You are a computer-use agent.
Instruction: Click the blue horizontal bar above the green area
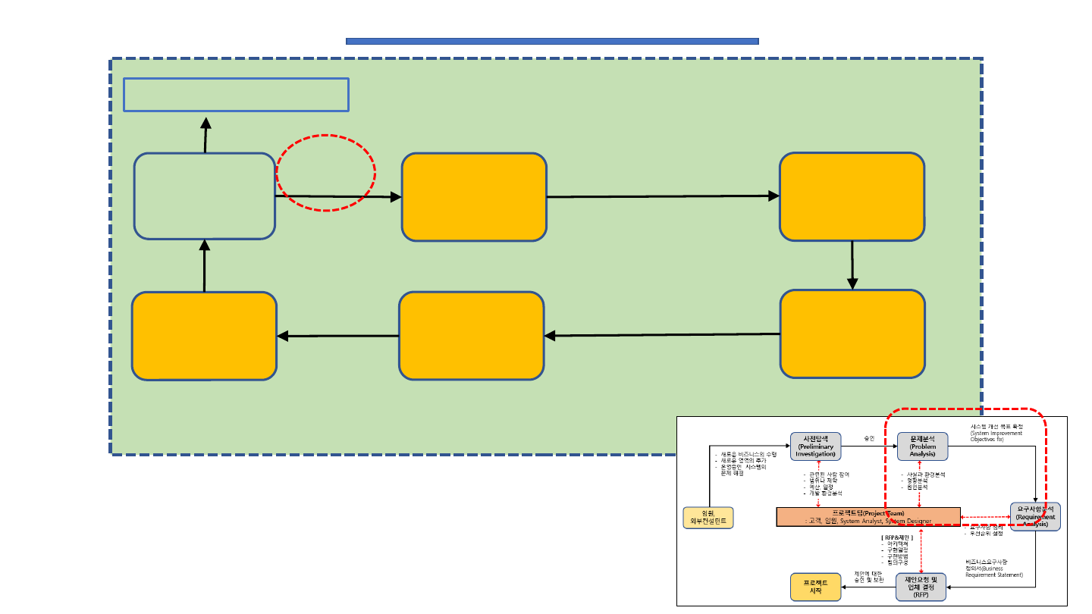click(x=552, y=41)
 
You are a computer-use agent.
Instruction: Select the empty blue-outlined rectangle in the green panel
click(x=236, y=95)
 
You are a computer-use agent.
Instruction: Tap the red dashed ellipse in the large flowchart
click(x=325, y=173)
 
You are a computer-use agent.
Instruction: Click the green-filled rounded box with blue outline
click(x=205, y=196)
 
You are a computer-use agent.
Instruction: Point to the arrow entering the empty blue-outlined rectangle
click(x=206, y=135)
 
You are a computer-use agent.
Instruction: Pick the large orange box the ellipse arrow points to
click(x=474, y=197)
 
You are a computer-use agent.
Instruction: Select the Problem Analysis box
click(x=922, y=446)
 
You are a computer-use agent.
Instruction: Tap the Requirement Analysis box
click(x=1035, y=516)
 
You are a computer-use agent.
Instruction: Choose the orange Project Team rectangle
click(x=868, y=516)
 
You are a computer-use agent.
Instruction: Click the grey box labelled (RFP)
click(x=921, y=587)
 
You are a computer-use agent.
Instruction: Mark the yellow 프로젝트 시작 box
click(x=815, y=587)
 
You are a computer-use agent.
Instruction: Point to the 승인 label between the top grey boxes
click(x=869, y=439)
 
